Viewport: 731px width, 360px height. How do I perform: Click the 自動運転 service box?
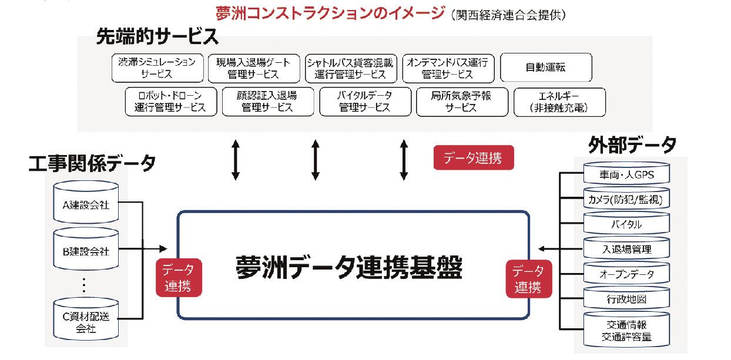[x=545, y=68]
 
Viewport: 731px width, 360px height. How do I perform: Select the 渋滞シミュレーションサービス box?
[x=156, y=68]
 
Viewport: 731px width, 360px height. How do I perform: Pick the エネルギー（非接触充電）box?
[x=551, y=102]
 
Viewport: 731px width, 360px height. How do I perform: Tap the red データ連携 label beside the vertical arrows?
[x=474, y=158]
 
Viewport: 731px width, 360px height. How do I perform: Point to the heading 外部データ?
[x=631, y=144]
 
